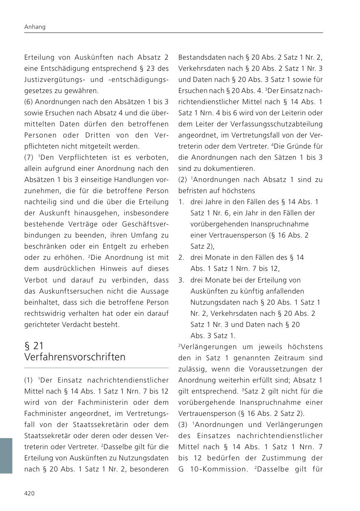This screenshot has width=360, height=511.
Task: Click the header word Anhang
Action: pos(35,27)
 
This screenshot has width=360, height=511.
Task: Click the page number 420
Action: pos(30,493)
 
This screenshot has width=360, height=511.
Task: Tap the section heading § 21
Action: pos(34,345)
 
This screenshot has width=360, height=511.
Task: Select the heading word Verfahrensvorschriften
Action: pos(75,357)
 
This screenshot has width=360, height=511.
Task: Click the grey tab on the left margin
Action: pos(6,455)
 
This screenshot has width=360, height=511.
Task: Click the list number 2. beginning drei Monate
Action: pos(181,258)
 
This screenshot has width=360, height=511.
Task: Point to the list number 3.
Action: pos(181,280)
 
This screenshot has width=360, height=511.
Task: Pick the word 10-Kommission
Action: pos(213,469)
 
